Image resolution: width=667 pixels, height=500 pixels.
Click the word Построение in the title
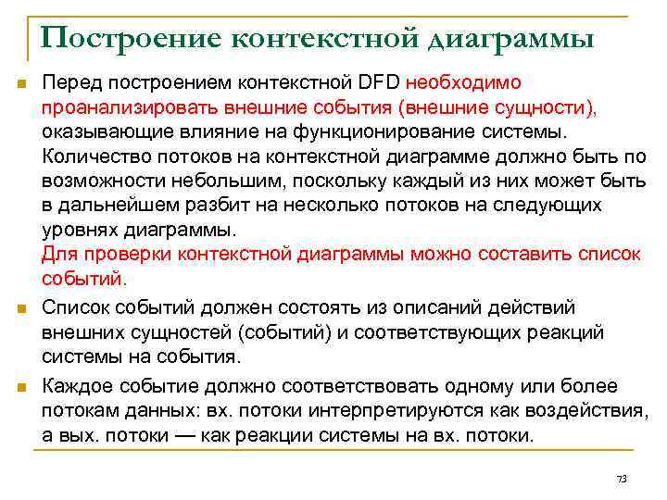coord(129,38)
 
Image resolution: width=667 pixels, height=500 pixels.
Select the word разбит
coord(202,205)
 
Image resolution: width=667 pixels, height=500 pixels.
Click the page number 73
coord(621,479)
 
